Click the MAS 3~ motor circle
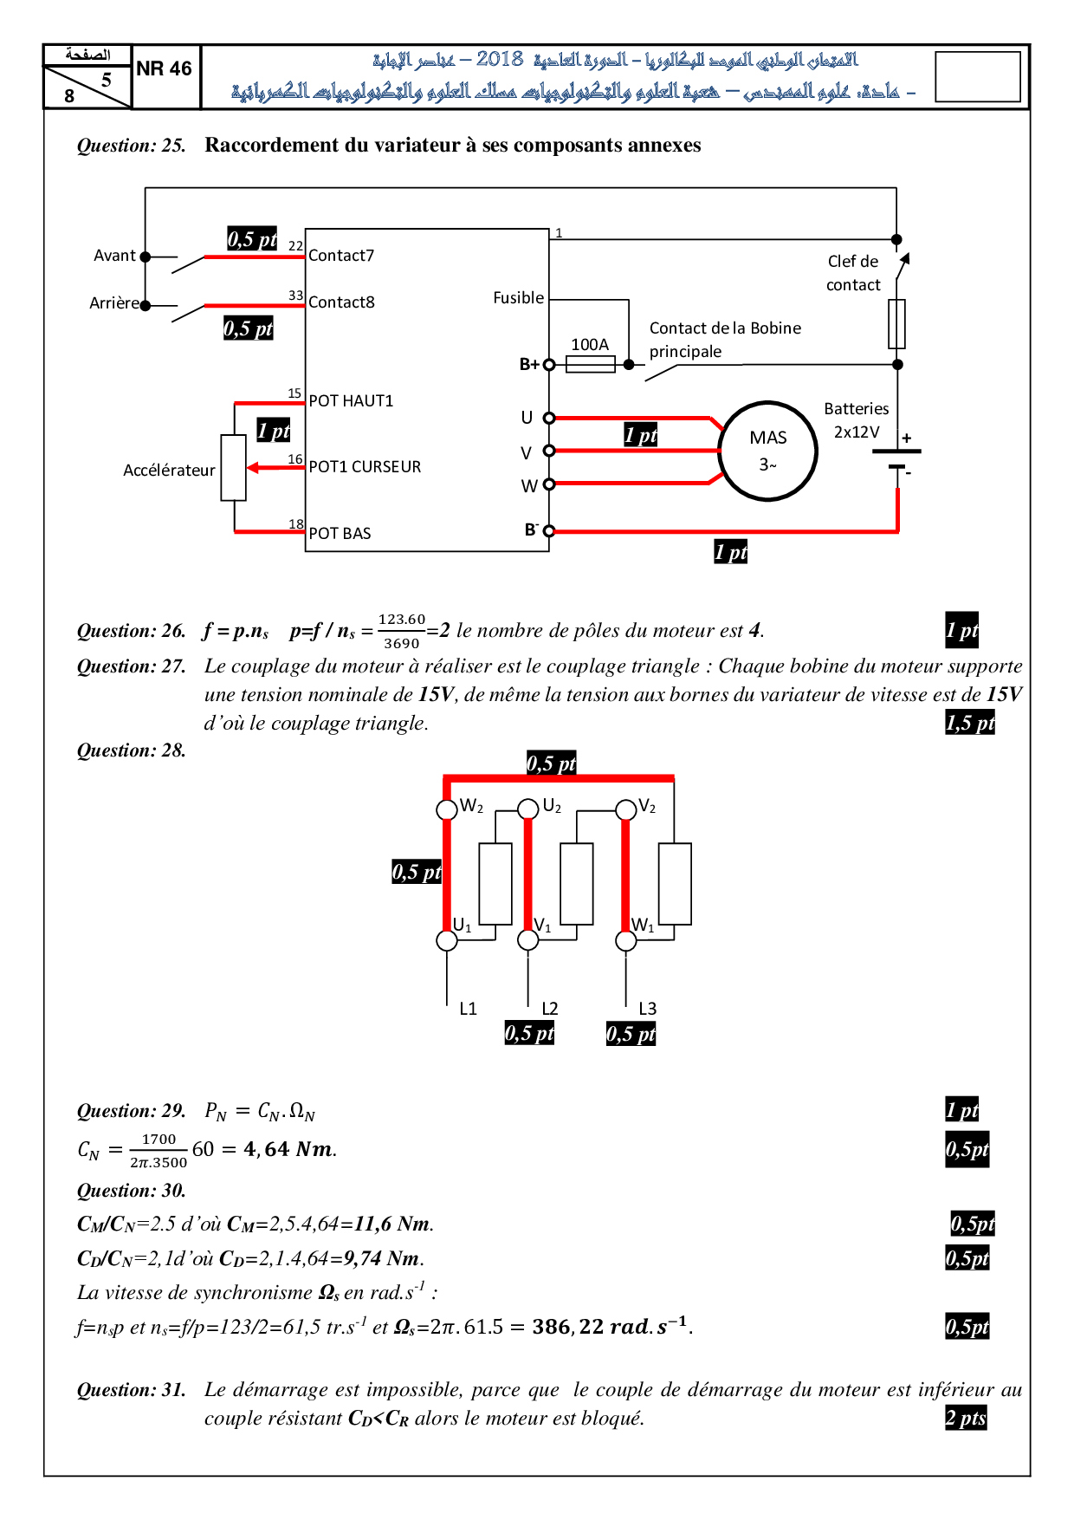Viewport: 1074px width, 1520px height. (x=768, y=451)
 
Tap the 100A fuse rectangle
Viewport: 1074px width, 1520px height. (x=590, y=365)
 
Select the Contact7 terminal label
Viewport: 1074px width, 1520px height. (x=341, y=256)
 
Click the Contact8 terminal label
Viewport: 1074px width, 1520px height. (x=341, y=302)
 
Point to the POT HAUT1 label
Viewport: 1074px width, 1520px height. (x=351, y=401)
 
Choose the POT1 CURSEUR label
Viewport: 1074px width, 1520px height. (x=365, y=467)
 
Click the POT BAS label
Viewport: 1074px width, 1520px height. (x=340, y=534)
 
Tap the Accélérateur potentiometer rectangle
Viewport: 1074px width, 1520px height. (x=234, y=468)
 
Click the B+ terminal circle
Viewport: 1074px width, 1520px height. (x=549, y=365)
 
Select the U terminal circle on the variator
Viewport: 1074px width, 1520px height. (x=549, y=419)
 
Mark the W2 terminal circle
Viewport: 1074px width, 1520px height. (x=446, y=809)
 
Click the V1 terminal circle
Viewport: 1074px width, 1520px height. (x=528, y=940)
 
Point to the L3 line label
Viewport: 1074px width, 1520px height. (x=648, y=1009)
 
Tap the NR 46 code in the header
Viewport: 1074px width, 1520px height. (x=164, y=69)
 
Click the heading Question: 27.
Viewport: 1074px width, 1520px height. (x=132, y=666)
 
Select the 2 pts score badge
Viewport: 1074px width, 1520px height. (x=966, y=1418)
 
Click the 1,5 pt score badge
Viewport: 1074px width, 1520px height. (x=970, y=723)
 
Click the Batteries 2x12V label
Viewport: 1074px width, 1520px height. (x=857, y=420)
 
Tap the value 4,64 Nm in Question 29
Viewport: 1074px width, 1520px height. (x=289, y=1149)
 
